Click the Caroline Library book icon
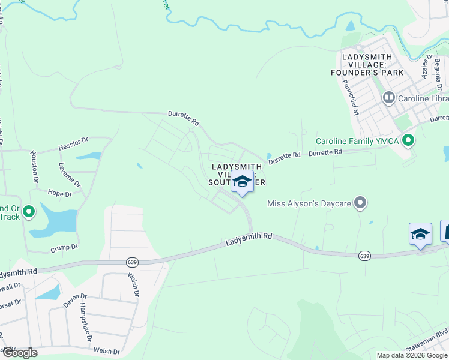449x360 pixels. (x=388, y=97)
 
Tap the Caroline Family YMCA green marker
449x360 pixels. (x=409, y=141)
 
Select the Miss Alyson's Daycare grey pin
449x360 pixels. (x=360, y=203)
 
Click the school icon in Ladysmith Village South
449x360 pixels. (x=242, y=181)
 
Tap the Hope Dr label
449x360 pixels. (x=59, y=193)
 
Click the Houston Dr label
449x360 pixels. (x=35, y=167)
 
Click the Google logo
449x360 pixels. (x=20, y=352)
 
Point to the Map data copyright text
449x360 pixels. (x=412, y=355)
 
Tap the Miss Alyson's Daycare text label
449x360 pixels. (x=309, y=204)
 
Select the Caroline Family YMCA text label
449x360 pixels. (x=358, y=141)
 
